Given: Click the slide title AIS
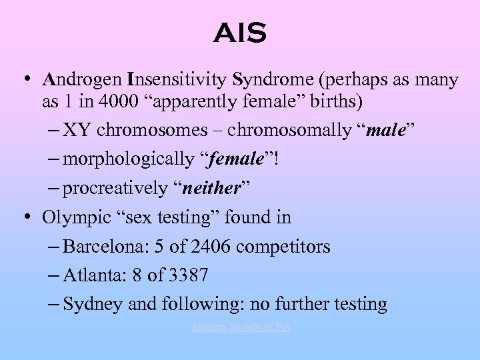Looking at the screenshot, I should tap(240, 33).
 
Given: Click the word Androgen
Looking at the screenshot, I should tap(81, 81).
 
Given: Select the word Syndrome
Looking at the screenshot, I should tap(274, 81).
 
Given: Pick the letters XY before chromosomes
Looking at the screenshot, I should tap(75, 130).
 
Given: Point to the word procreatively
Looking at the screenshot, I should tap(115, 189).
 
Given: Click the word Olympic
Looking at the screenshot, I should tap(74, 217).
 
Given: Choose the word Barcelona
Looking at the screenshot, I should tap(103, 247).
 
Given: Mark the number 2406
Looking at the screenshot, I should tap(211, 247).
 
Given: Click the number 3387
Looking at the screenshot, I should tap(187, 275).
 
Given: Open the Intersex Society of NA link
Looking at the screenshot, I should tap(241, 327).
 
